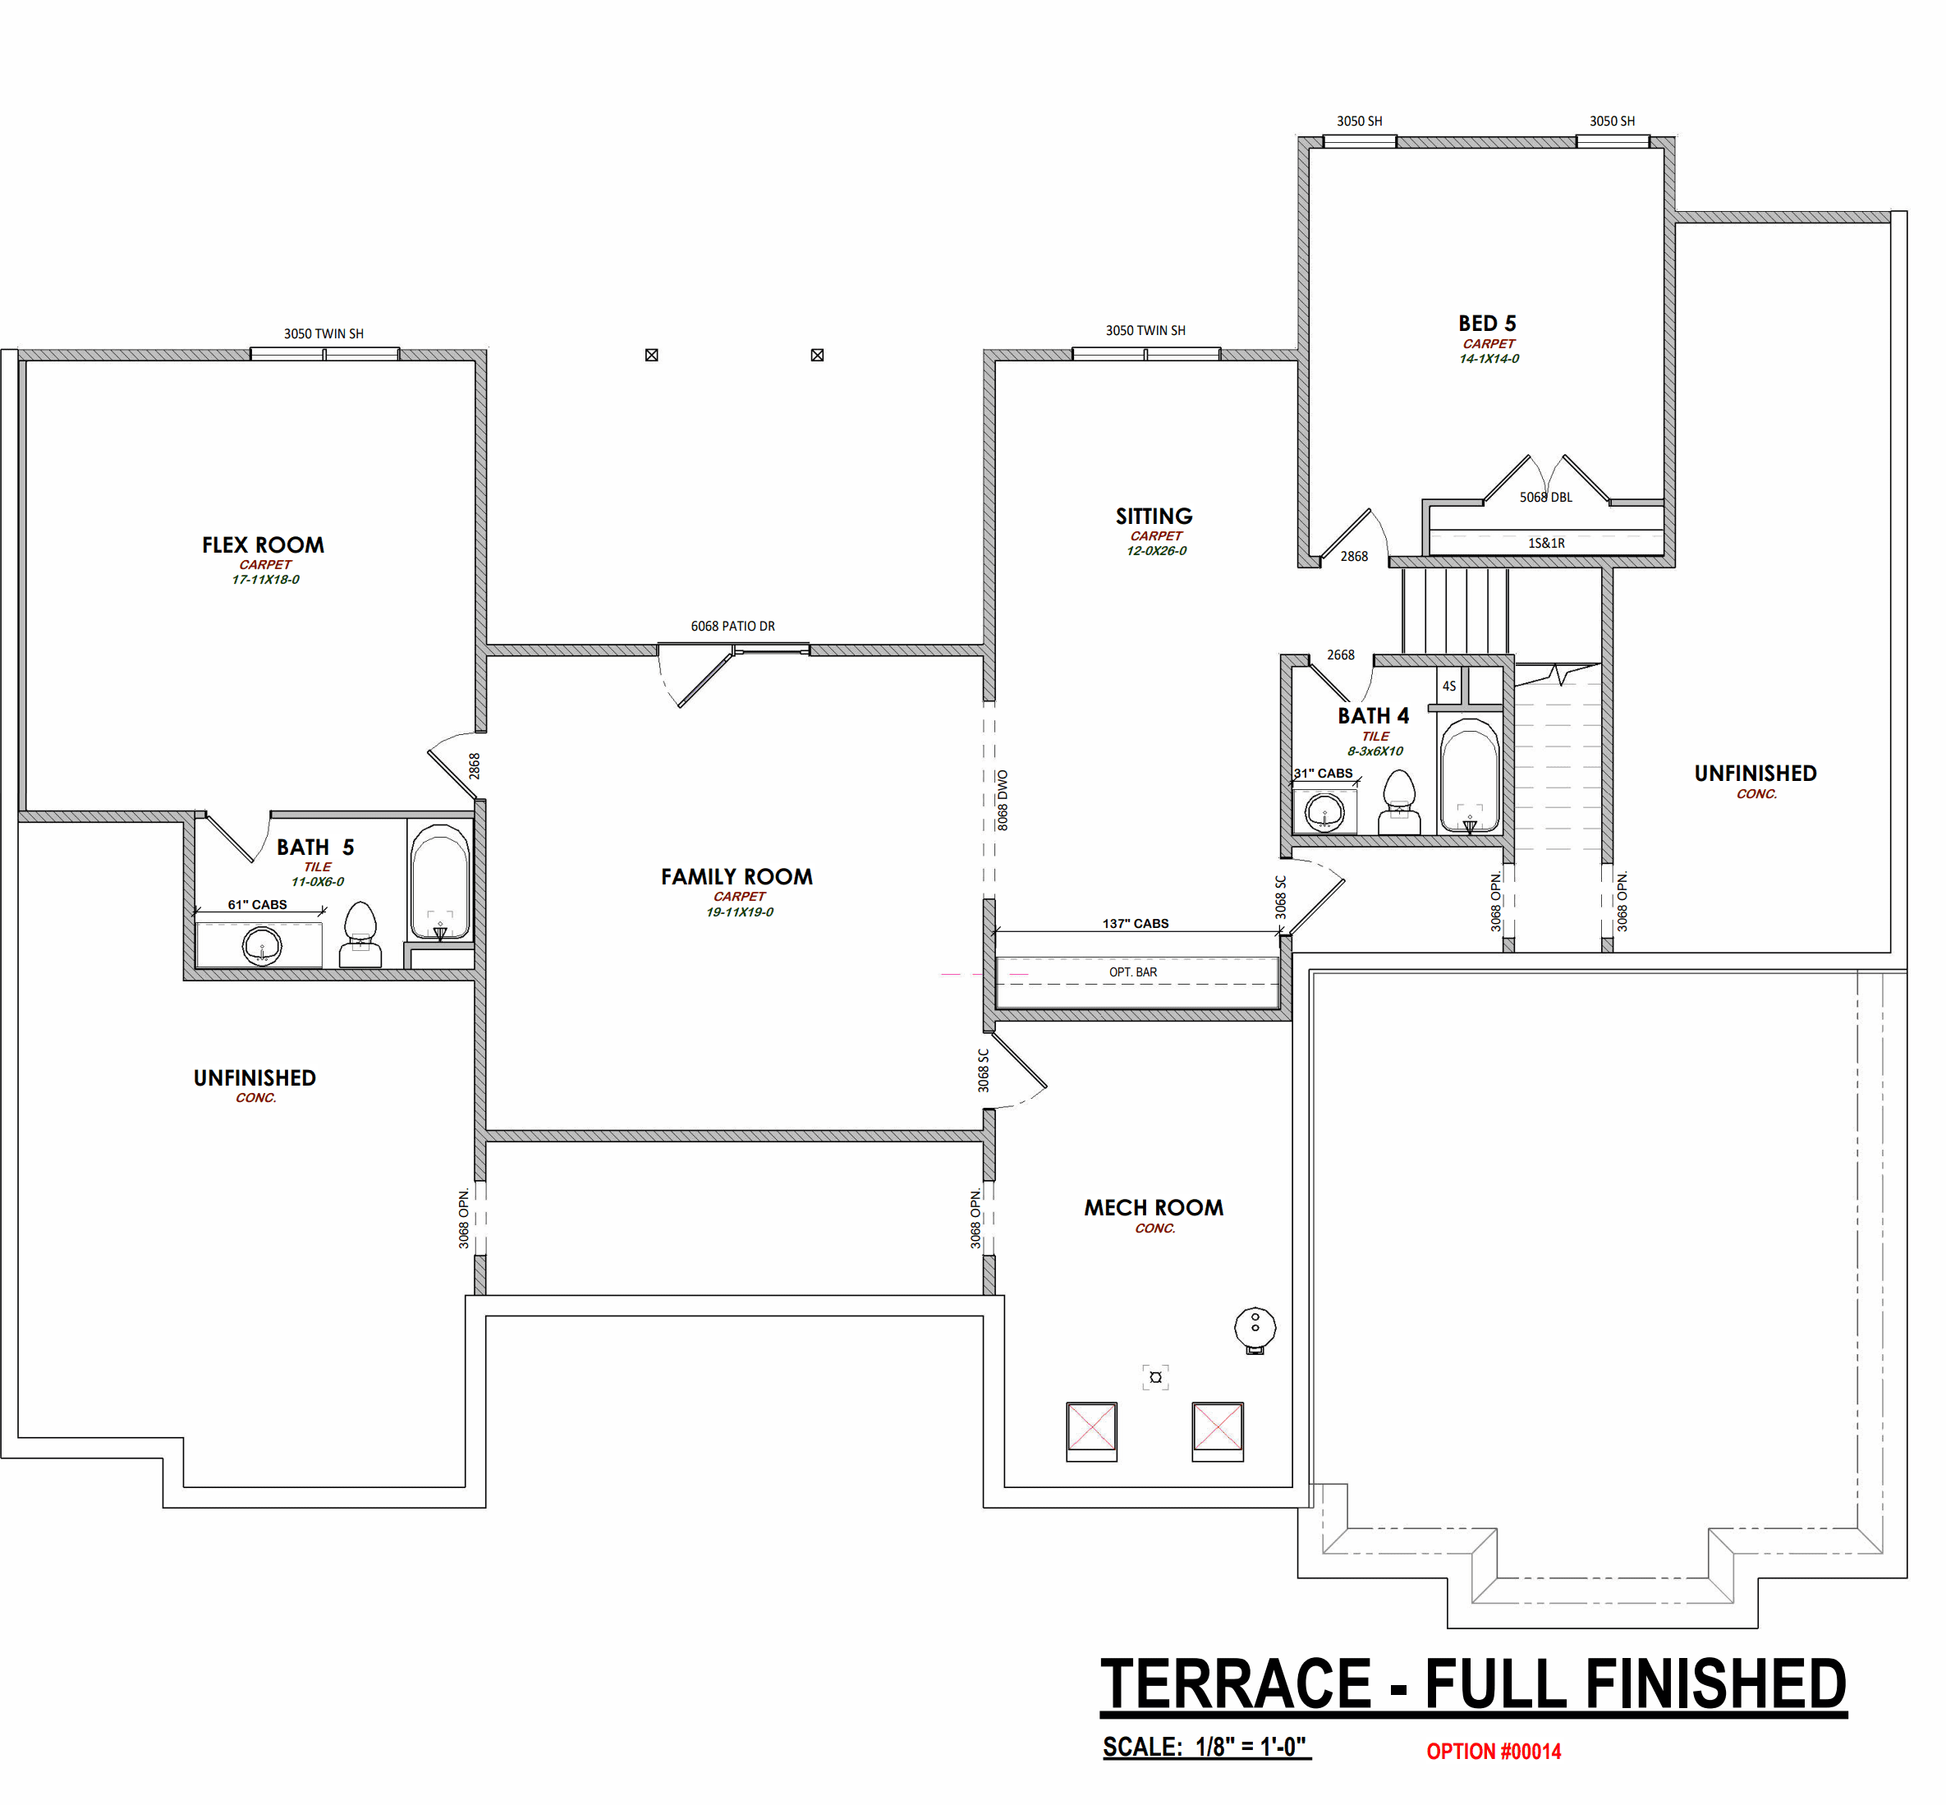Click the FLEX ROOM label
[263, 545]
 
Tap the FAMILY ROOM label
[737, 877]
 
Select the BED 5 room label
[1487, 324]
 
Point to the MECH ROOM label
[1153, 1208]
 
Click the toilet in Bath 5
[360, 935]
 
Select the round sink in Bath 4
[1324, 811]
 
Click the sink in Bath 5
[262, 945]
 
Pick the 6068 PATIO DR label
[732, 626]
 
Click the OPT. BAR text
[1132, 971]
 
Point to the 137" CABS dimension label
[1136, 923]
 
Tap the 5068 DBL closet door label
[1545, 497]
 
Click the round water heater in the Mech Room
[1255, 1329]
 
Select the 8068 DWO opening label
[1002, 801]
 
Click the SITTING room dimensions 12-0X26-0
[1156, 551]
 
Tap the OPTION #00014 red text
[1493, 1752]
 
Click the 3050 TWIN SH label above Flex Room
[324, 334]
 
